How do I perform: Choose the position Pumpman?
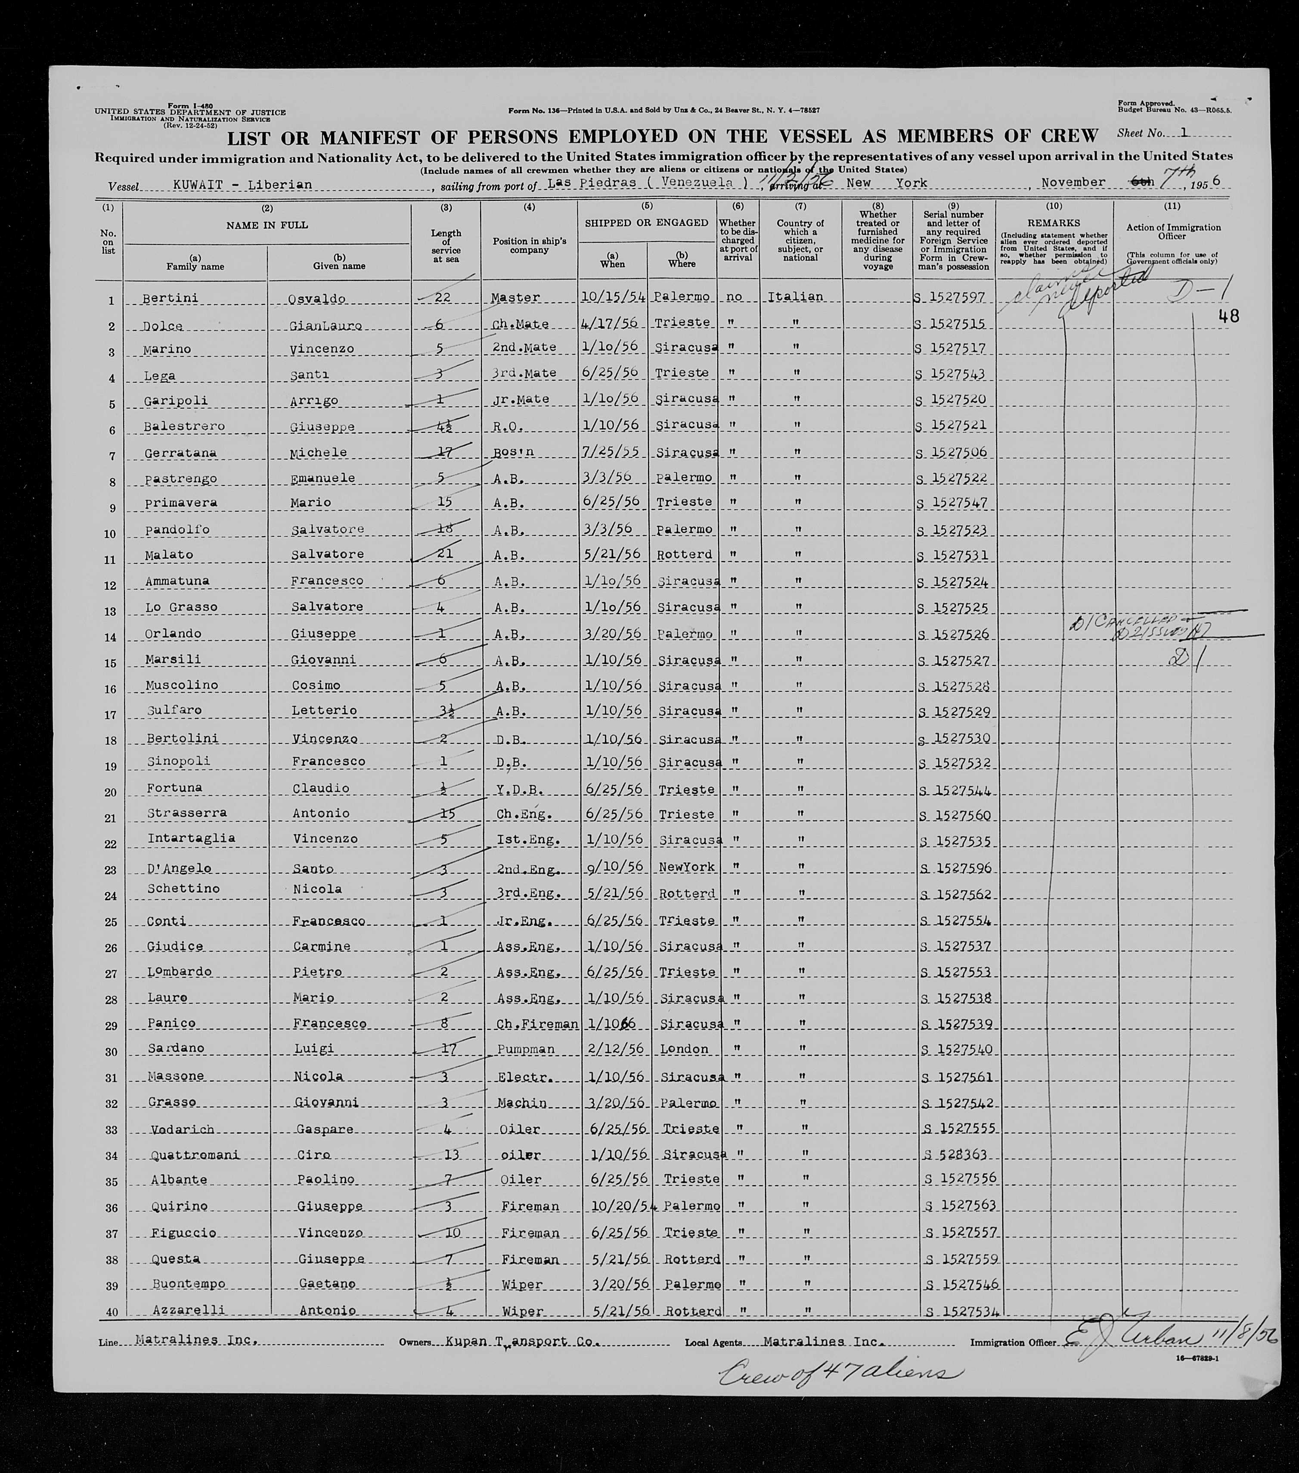[x=526, y=1049]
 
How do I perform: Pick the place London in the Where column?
[x=684, y=1049]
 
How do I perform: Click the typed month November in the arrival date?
[x=1073, y=182]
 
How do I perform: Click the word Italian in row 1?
[x=795, y=297]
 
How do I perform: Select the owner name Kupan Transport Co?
[x=521, y=1342]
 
